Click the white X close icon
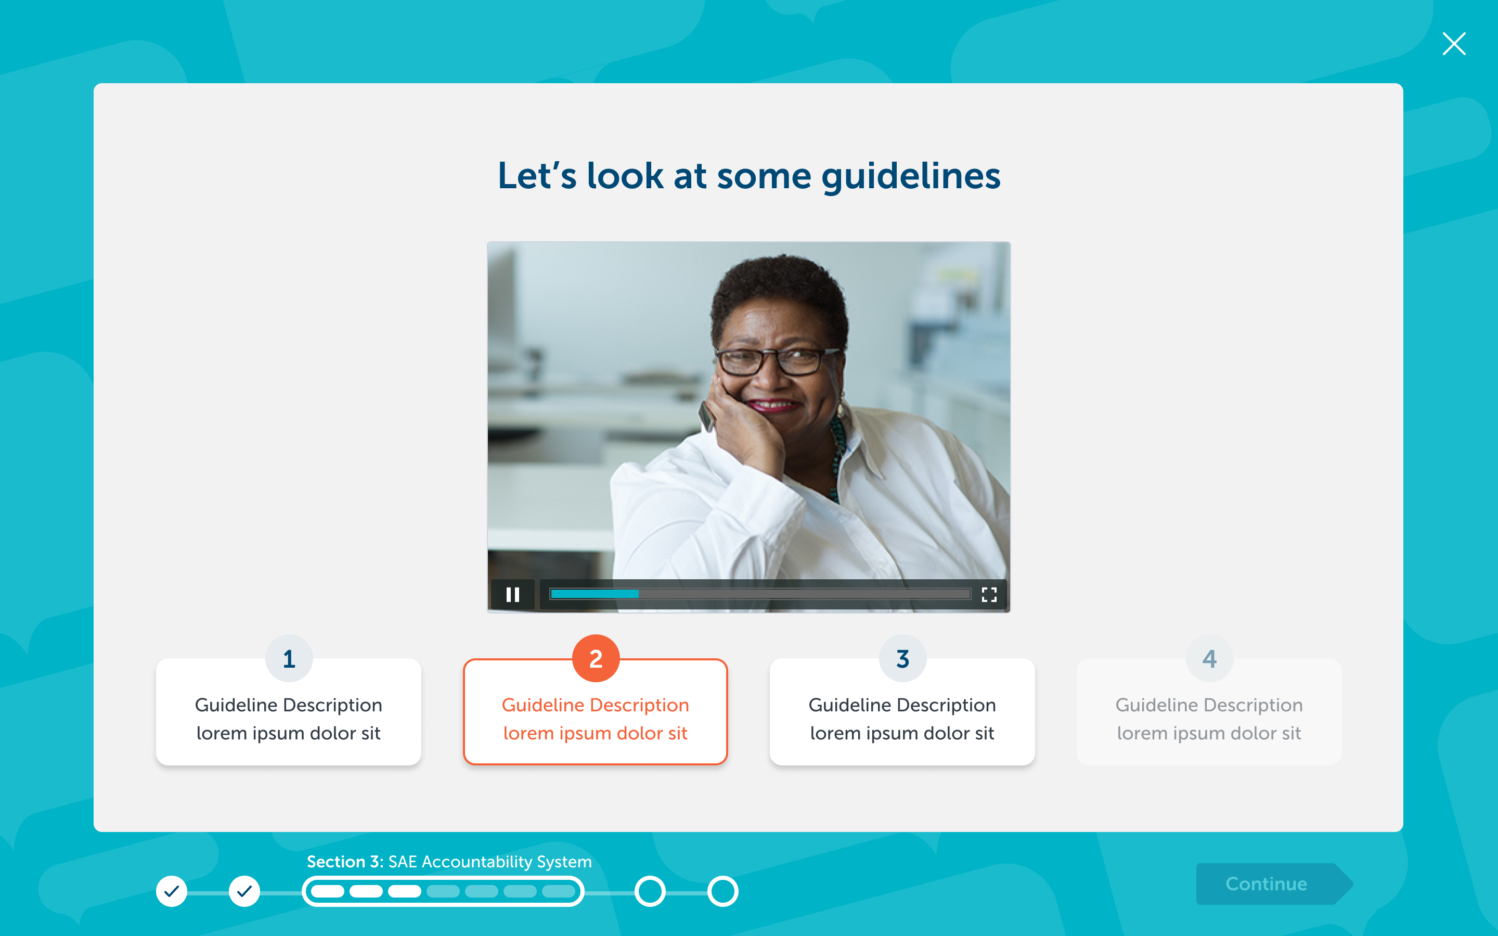[x=1453, y=44]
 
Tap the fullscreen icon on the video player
[x=989, y=594]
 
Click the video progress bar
[x=760, y=594]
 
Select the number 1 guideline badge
[x=289, y=658]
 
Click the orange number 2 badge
[x=596, y=658]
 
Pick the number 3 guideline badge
[x=902, y=658]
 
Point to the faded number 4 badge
[x=1209, y=658]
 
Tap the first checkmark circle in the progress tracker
[x=172, y=891]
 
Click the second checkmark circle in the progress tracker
[x=244, y=891]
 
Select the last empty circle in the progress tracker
[x=723, y=891]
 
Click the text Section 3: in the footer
[x=345, y=862]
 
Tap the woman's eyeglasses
[x=777, y=361]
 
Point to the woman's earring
[x=841, y=409]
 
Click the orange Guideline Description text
[x=596, y=705]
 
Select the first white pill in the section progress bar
[x=328, y=891]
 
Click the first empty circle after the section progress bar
[x=650, y=891]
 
